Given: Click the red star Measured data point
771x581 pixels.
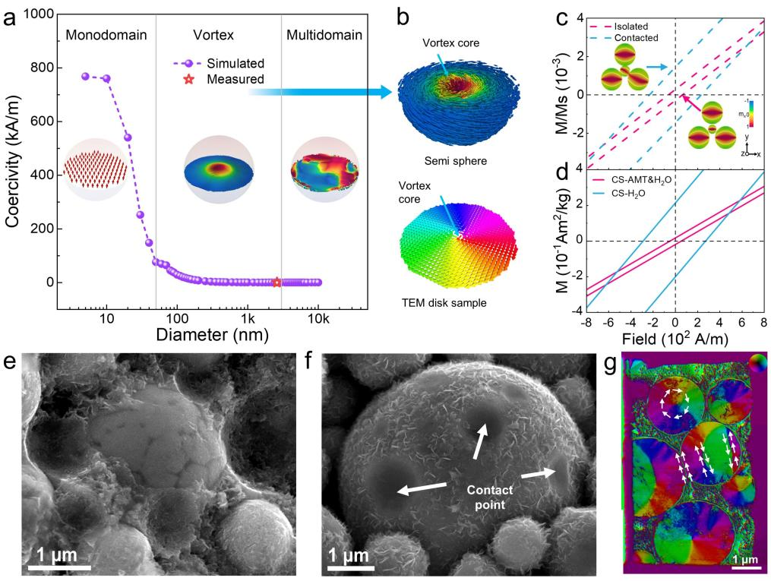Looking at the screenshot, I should coord(276,282).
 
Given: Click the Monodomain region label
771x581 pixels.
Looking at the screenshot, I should coord(106,35).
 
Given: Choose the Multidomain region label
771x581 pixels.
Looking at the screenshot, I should coord(324,35).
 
